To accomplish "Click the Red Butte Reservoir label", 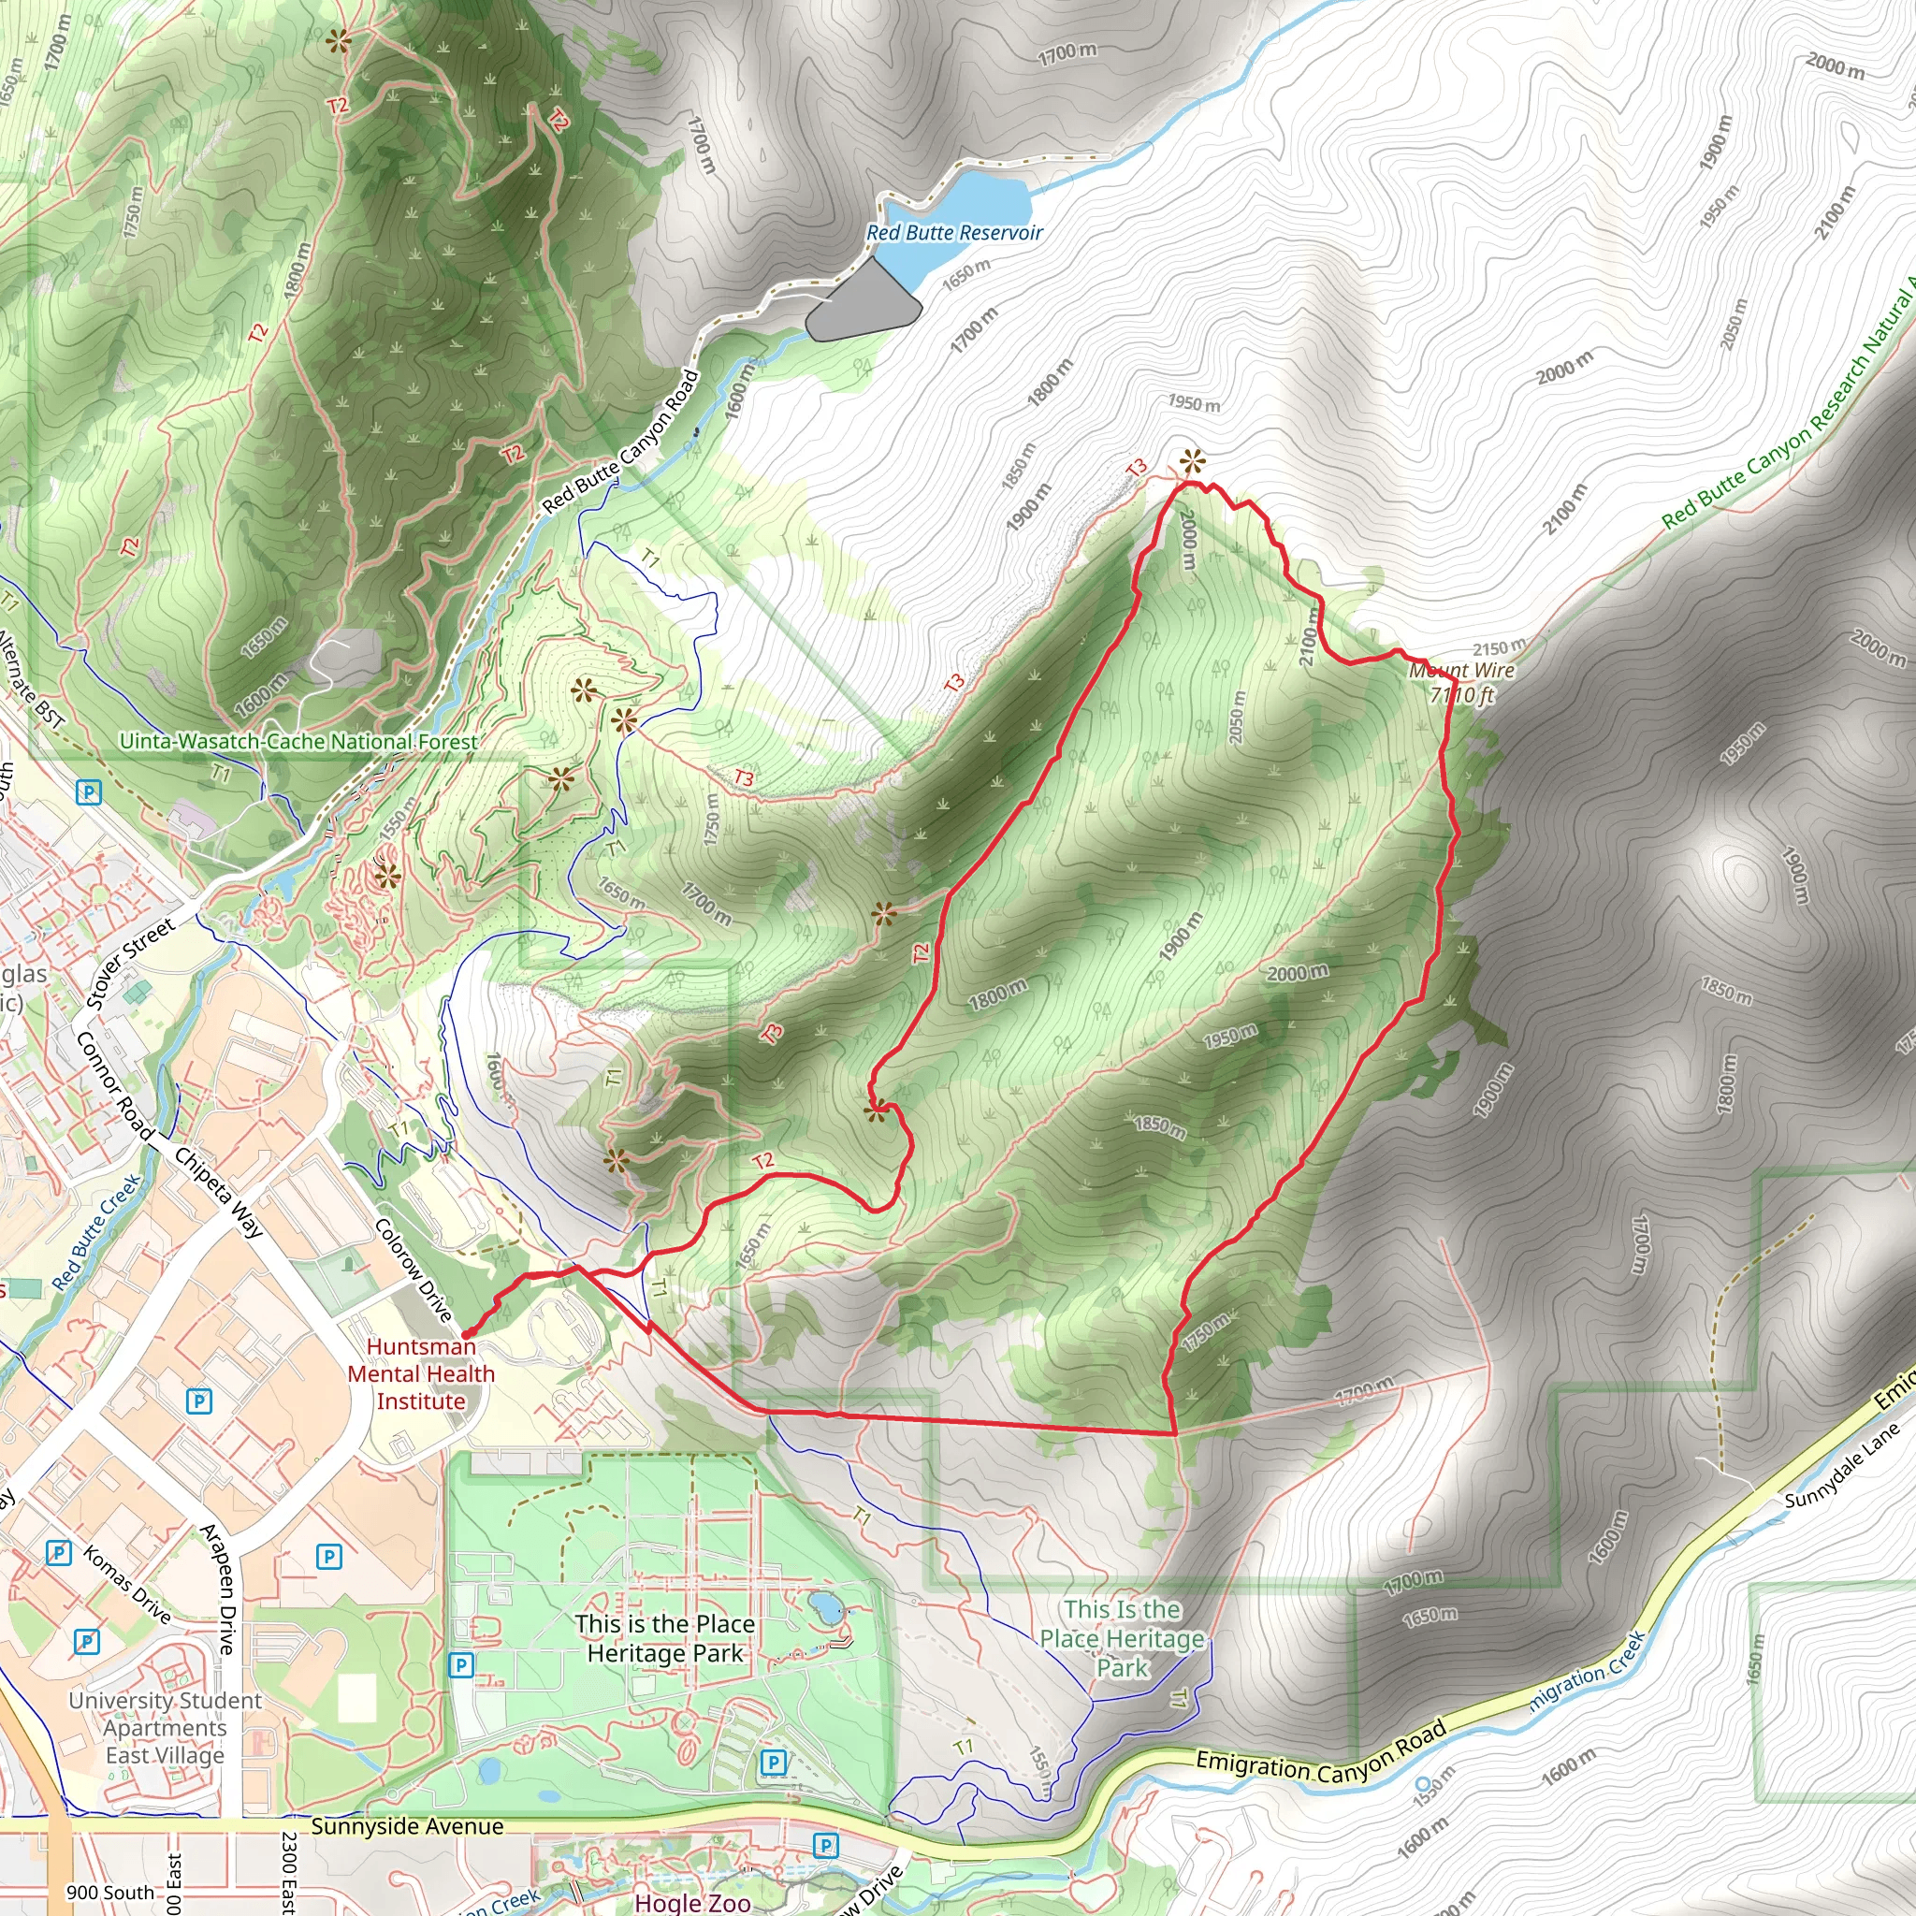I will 954,233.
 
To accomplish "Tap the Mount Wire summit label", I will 1462,682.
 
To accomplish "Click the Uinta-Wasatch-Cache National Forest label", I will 298,742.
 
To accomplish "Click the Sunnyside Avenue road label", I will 407,1827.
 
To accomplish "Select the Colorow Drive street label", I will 414,1270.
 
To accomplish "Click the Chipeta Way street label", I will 219,1193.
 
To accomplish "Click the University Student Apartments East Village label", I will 166,1728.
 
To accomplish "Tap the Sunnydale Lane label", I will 1841,1466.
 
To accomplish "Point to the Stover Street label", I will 130,963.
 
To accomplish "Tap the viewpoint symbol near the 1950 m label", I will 1192,460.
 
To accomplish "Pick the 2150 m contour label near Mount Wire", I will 1500,649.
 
